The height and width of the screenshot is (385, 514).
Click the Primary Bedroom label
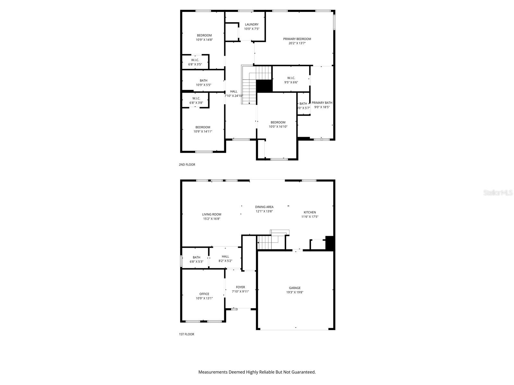297,39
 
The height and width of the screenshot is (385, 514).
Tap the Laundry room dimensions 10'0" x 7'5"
252,29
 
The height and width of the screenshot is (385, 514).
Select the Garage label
295,288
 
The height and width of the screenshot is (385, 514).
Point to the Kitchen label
310,212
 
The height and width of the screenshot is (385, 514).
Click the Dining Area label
264,207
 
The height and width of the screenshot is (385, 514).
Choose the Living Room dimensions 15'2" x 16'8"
211,219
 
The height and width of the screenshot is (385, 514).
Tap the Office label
204,294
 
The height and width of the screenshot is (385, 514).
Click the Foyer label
240,287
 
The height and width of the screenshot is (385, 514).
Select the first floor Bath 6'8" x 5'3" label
196,257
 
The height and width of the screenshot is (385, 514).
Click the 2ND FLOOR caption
187,165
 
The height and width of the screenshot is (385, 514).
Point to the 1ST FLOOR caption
186,334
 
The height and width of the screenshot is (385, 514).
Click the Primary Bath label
322,103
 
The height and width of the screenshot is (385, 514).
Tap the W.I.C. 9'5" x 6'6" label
291,78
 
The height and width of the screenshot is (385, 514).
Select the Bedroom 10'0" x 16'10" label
278,122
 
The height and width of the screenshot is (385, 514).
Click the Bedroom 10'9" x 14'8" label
204,35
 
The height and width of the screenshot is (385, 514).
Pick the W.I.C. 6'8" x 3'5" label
195,60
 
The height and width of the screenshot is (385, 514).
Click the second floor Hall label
234,91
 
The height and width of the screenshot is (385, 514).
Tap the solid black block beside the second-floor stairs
264,86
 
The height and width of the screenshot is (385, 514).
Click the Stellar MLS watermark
498,193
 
